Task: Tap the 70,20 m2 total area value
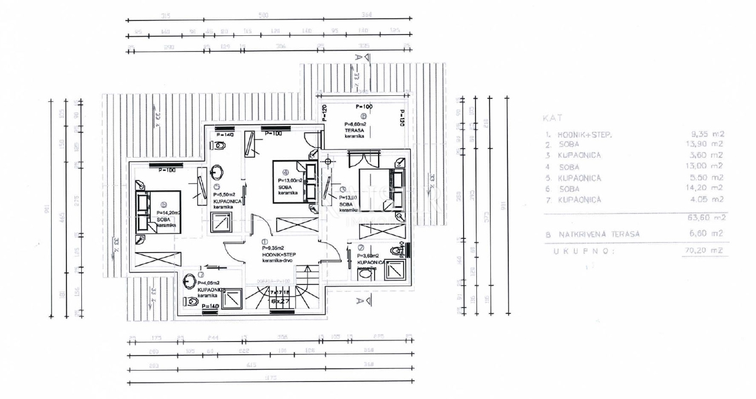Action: pyautogui.click(x=706, y=250)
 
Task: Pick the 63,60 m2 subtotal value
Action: pyautogui.click(x=706, y=217)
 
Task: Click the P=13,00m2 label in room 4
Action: pyautogui.click(x=290, y=180)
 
